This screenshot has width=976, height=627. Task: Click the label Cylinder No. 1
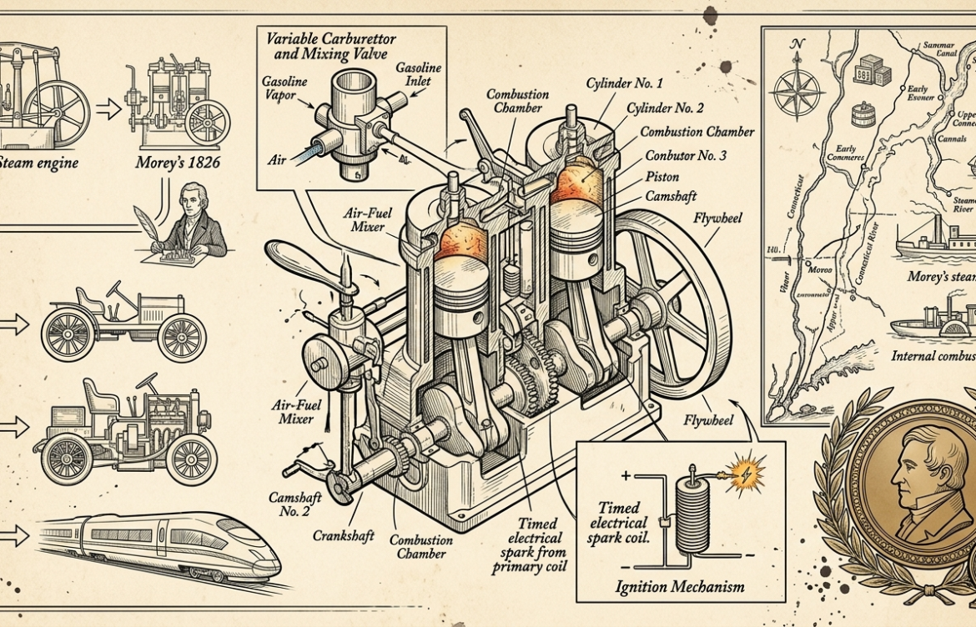pyautogui.click(x=625, y=83)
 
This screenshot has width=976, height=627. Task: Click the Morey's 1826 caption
pyautogui.click(x=179, y=163)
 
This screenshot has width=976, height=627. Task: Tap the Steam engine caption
pyautogui.click(x=40, y=163)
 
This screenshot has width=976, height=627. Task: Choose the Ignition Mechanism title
pyautogui.click(x=681, y=587)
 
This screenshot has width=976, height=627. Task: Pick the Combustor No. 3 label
pyautogui.click(x=685, y=156)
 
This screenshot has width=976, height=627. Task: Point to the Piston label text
pyautogui.click(x=662, y=177)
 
